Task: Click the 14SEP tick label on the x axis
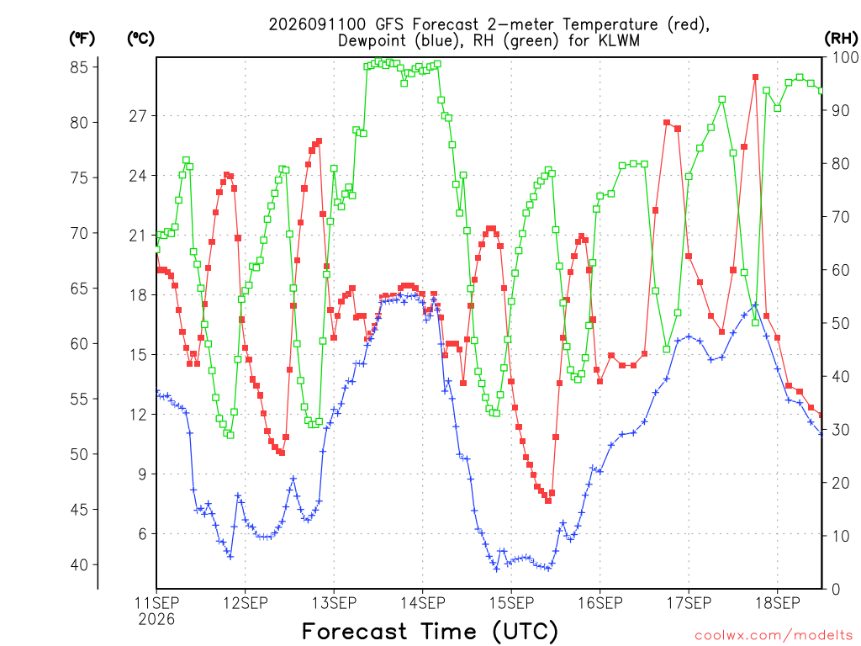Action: click(x=423, y=603)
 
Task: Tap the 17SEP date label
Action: click(x=689, y=603)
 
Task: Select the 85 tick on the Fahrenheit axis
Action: click(x=79, y=67)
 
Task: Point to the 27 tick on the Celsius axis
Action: click(x=138, y=116)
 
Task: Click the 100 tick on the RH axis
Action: click(x=845, y=57)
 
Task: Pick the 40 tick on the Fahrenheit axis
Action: click(x=79, y=564)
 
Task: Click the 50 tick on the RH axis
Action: click(x=841, y=323)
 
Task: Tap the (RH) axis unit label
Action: click(x=841, y=39)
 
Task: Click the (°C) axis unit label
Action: click(x=140, y=39)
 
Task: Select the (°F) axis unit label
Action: click(x=82, y=39)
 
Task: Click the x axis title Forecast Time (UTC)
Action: click(x=430, y=632)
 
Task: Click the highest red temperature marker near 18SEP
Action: click(x=756, y=77)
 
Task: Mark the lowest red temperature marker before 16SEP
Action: click(x=548, y=500)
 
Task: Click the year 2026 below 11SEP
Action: click(x=156, y=620)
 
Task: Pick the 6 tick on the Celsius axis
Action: click(x=142, y=533)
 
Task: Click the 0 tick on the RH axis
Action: click(x=836, y=590)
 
